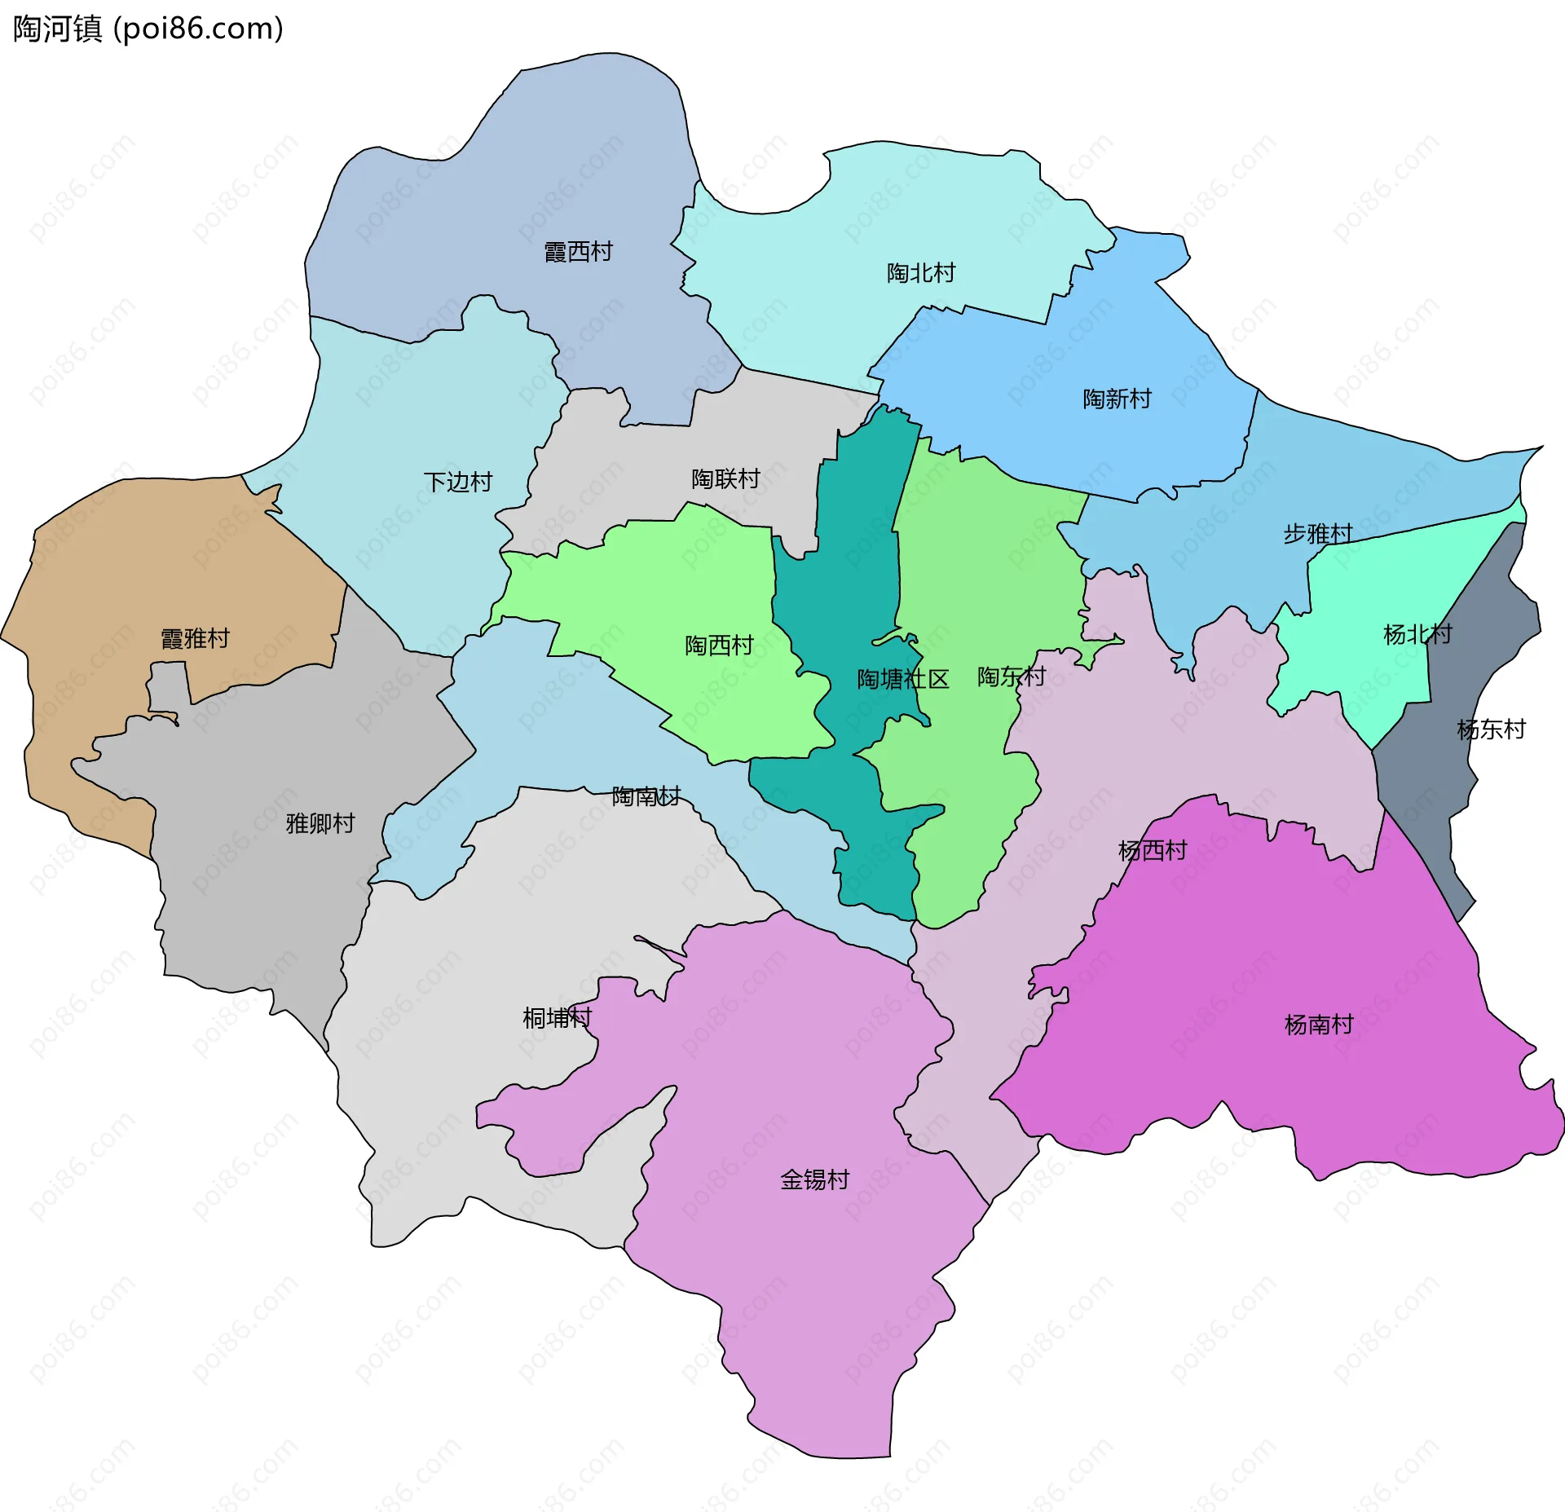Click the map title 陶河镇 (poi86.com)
click(148, 29)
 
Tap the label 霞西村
click(578, 252)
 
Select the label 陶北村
click(920, 273)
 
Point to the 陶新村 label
click(1117, 399)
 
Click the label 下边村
click(458, 482)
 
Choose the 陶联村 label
click(725, 478)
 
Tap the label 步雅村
click(1317, 534)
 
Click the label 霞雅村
click(195, 638)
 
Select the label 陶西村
click(719, 646)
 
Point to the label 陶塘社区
click(902, 679)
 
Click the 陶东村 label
click(1011, 677)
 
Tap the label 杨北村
click(1417, 634)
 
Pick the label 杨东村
click(1491, 730)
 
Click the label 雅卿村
click(320, 823)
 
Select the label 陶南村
click(646, 796)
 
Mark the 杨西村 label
click(1152, 851)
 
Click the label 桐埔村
click(557, 1017)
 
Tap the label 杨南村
click(1318, 1025)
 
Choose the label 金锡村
click(814, 1179)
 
